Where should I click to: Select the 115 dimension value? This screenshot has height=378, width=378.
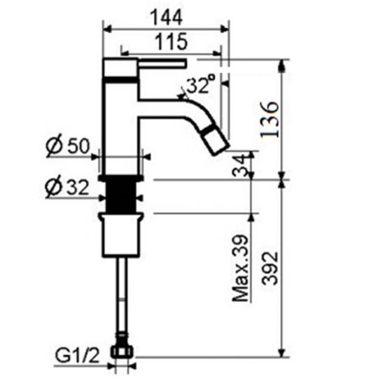(x=171, y=42)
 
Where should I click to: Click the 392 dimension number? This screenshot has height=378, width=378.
(x=269, y=265)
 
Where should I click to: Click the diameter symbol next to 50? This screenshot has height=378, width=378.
(x=55, y=147)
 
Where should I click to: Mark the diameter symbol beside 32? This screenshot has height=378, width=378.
(x=55, y=188)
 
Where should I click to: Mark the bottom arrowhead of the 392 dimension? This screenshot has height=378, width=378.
(x=282, y=353)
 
